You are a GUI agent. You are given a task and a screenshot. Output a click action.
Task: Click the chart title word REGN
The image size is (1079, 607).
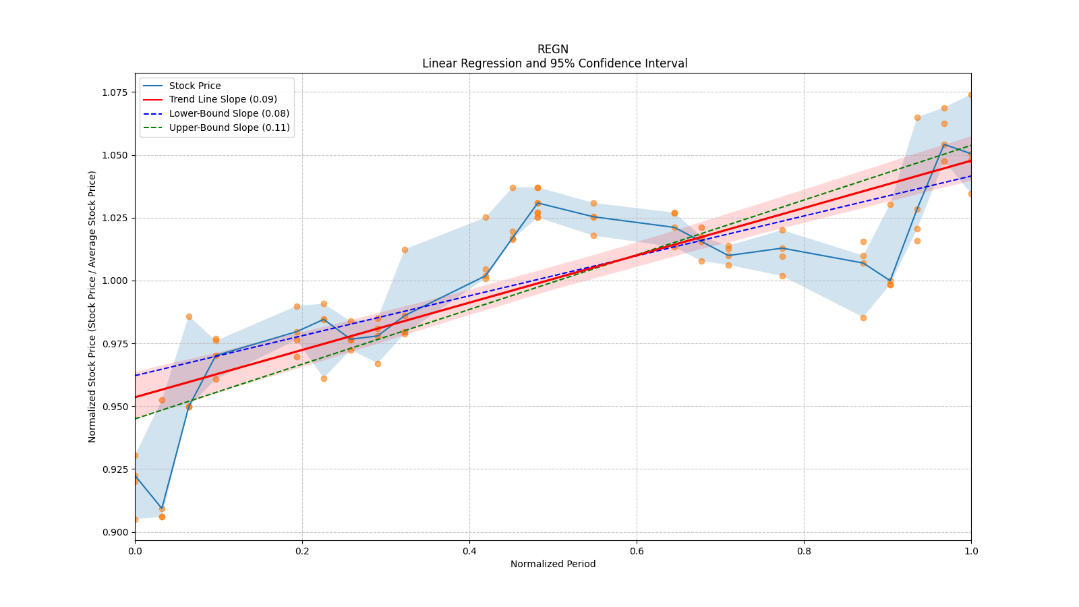[552, 49]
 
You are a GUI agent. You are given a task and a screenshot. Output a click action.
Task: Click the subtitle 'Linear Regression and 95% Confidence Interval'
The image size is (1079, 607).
[554, 63]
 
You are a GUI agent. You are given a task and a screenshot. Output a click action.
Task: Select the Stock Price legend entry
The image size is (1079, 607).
[194, 86]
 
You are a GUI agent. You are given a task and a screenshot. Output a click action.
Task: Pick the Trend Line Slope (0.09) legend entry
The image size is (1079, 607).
[223, 99]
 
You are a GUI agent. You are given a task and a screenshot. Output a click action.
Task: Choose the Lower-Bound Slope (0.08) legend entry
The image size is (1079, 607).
[229, 113]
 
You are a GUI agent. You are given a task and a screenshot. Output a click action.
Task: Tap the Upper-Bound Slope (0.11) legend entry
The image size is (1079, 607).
[229, 127]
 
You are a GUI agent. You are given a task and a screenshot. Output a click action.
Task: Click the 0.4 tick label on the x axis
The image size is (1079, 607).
[469, 551]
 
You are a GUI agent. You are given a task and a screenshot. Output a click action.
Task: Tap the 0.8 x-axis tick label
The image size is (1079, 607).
[804, 551]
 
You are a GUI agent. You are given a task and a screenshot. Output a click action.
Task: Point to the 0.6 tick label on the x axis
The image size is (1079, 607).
[637, 551]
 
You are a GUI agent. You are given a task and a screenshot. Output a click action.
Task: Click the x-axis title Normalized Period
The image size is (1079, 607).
[553, 564]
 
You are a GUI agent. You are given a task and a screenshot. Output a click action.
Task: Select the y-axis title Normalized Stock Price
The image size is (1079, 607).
[92, 306]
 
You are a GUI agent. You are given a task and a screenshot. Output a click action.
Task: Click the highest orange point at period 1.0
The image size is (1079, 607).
[970, 94]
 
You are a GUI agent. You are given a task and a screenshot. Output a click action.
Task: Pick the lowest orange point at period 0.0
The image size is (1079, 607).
[136, 519]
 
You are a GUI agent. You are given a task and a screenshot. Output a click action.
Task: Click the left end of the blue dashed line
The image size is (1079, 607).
[136, 376]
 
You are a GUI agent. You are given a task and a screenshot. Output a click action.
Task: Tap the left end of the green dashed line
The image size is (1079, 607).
[136, 419]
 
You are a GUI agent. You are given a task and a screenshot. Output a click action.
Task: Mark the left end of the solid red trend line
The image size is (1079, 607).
[136, 397]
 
